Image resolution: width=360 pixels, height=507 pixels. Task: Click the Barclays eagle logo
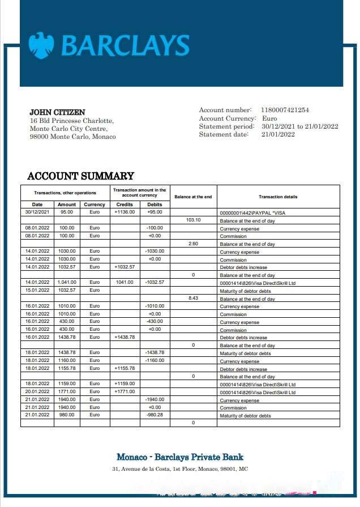[x=41, y=45]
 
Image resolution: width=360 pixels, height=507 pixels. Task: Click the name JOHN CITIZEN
[x=57, y=112]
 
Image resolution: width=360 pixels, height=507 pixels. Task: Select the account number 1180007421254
[x=285, y=110]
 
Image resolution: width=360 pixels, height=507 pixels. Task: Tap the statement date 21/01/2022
[x=278, y=134]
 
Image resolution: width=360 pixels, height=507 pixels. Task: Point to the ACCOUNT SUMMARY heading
[x=80, y=176]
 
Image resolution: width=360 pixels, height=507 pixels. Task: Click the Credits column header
[x=125, y=204]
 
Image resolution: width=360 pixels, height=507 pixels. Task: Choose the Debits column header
[x=155, y=204]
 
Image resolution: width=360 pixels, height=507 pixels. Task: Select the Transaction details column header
[x=278, y=197]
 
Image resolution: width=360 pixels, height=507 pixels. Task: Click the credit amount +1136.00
[x=125, y=212]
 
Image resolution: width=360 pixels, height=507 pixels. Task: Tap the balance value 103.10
[x=194, y=220]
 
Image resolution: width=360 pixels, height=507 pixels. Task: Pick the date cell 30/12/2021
[x=37, y=212]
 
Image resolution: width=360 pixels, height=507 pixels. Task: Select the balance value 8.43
[x=194, y=298]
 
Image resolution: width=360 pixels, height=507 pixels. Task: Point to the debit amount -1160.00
[x=155, y=360]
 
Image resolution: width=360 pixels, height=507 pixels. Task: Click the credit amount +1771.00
[x=125, y=391]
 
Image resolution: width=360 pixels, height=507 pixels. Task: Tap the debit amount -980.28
[x=155, y=415]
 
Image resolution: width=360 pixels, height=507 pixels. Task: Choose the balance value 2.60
[x=194, y=243]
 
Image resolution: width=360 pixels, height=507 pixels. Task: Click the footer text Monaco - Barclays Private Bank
[x=180, y=457]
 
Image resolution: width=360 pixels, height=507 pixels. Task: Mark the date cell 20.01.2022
[x=37, y=391]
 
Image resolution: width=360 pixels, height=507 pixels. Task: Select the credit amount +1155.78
[x=125, y=368]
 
